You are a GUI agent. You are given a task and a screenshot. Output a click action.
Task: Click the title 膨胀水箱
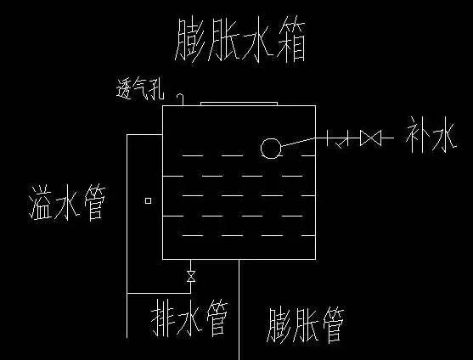pyautogui.click(x=240, y=40)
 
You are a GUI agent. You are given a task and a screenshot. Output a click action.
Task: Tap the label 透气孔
pyautogui.click(x=140, y=88)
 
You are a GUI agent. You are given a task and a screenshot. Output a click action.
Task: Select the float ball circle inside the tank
pyautogui.click(x=271, y=149)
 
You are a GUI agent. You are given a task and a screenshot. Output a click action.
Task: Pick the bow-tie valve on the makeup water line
pyautogui.click(x=371, y=138)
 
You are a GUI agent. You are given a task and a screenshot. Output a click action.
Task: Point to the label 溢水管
pyautogui.click(x=67, y=203)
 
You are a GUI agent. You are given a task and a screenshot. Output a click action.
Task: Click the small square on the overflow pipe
pyautogui.click(x=148, y=201)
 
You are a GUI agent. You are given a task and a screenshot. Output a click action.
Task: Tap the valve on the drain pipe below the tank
pyautogui.click(x=191, y=277)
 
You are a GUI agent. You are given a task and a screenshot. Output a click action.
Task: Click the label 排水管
pyautogui.click(x=189, y=318)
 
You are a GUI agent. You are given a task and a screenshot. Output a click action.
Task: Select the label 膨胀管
pyautogui.click(x=305, y=325)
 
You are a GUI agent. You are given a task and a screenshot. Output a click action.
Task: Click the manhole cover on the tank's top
pyautogui.click(x=239, y=104)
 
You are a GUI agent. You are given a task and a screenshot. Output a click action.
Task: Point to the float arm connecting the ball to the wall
pyautogui.click(x=298, y=142)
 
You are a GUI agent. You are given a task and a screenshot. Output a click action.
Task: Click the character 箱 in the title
pyautogui.click(x=291, y=41)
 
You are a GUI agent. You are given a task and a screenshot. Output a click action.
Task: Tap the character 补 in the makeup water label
pyautogui.click(x=417, y=136)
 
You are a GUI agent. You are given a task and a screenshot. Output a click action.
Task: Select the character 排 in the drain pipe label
pyautogui.click(x=163, y=318)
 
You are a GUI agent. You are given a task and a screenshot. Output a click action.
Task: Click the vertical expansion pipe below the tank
pyautogui.click(x=239, y=310)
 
